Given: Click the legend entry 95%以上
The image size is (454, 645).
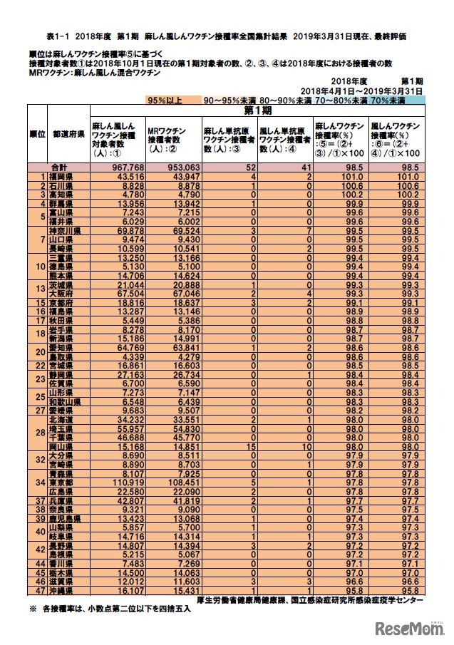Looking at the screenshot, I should coord(165,101).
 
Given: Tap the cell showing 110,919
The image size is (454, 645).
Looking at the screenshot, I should coord(118,483).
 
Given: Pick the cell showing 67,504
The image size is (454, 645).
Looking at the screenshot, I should coord(118,293).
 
